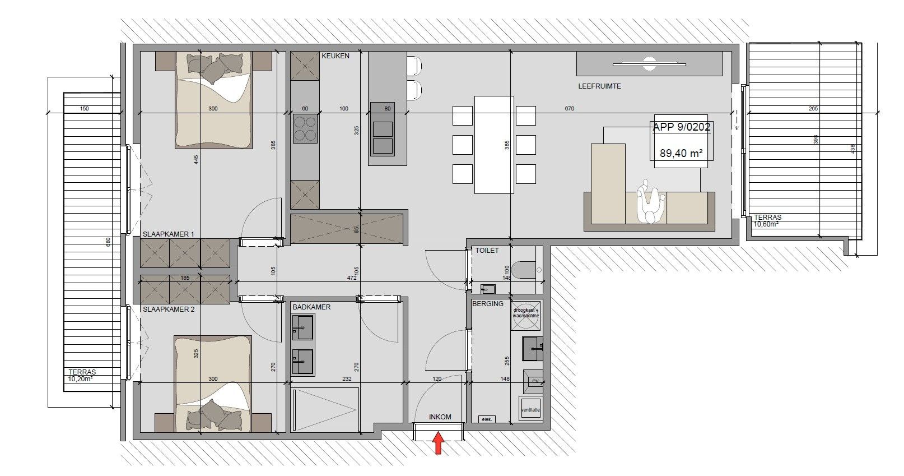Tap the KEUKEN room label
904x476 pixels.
[x=335, y=56]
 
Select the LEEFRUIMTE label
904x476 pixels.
[x=599, y=86]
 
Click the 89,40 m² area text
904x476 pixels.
[x=681, y=152]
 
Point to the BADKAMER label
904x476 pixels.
[x=311, y=307]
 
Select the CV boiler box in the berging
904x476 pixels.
[x=534, y=381]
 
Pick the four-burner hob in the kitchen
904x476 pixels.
[x=305, y=128]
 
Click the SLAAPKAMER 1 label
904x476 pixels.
[x=168, y=234]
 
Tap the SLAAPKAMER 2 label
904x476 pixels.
[x=168, y=309]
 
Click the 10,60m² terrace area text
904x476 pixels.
[x=766, y=224]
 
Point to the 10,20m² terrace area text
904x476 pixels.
[x=81, y=378]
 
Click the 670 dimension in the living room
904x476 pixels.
[x=569, y=109]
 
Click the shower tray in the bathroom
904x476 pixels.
[x=324, y=410]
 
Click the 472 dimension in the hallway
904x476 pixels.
[x=352, y=278]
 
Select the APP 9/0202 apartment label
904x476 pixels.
[x=681, y=127]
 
